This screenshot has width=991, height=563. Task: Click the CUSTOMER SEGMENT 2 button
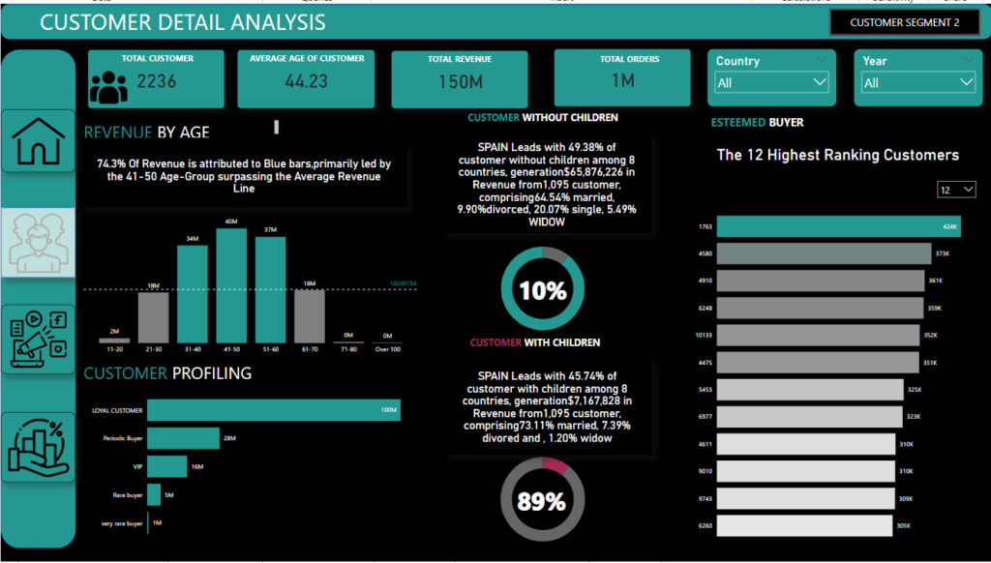904,22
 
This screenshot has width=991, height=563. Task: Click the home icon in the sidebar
39,140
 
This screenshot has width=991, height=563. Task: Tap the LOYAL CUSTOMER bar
273,410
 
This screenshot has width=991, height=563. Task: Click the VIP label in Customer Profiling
136,467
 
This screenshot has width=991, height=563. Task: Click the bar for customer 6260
809,525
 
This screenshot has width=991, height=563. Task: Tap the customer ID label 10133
704,336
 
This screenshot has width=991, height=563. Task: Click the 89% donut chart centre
541,500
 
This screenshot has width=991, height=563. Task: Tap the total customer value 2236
157,81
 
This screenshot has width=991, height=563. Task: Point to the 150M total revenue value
460,82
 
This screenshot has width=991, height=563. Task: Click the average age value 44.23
306,81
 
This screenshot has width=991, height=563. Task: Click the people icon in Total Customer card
108,87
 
